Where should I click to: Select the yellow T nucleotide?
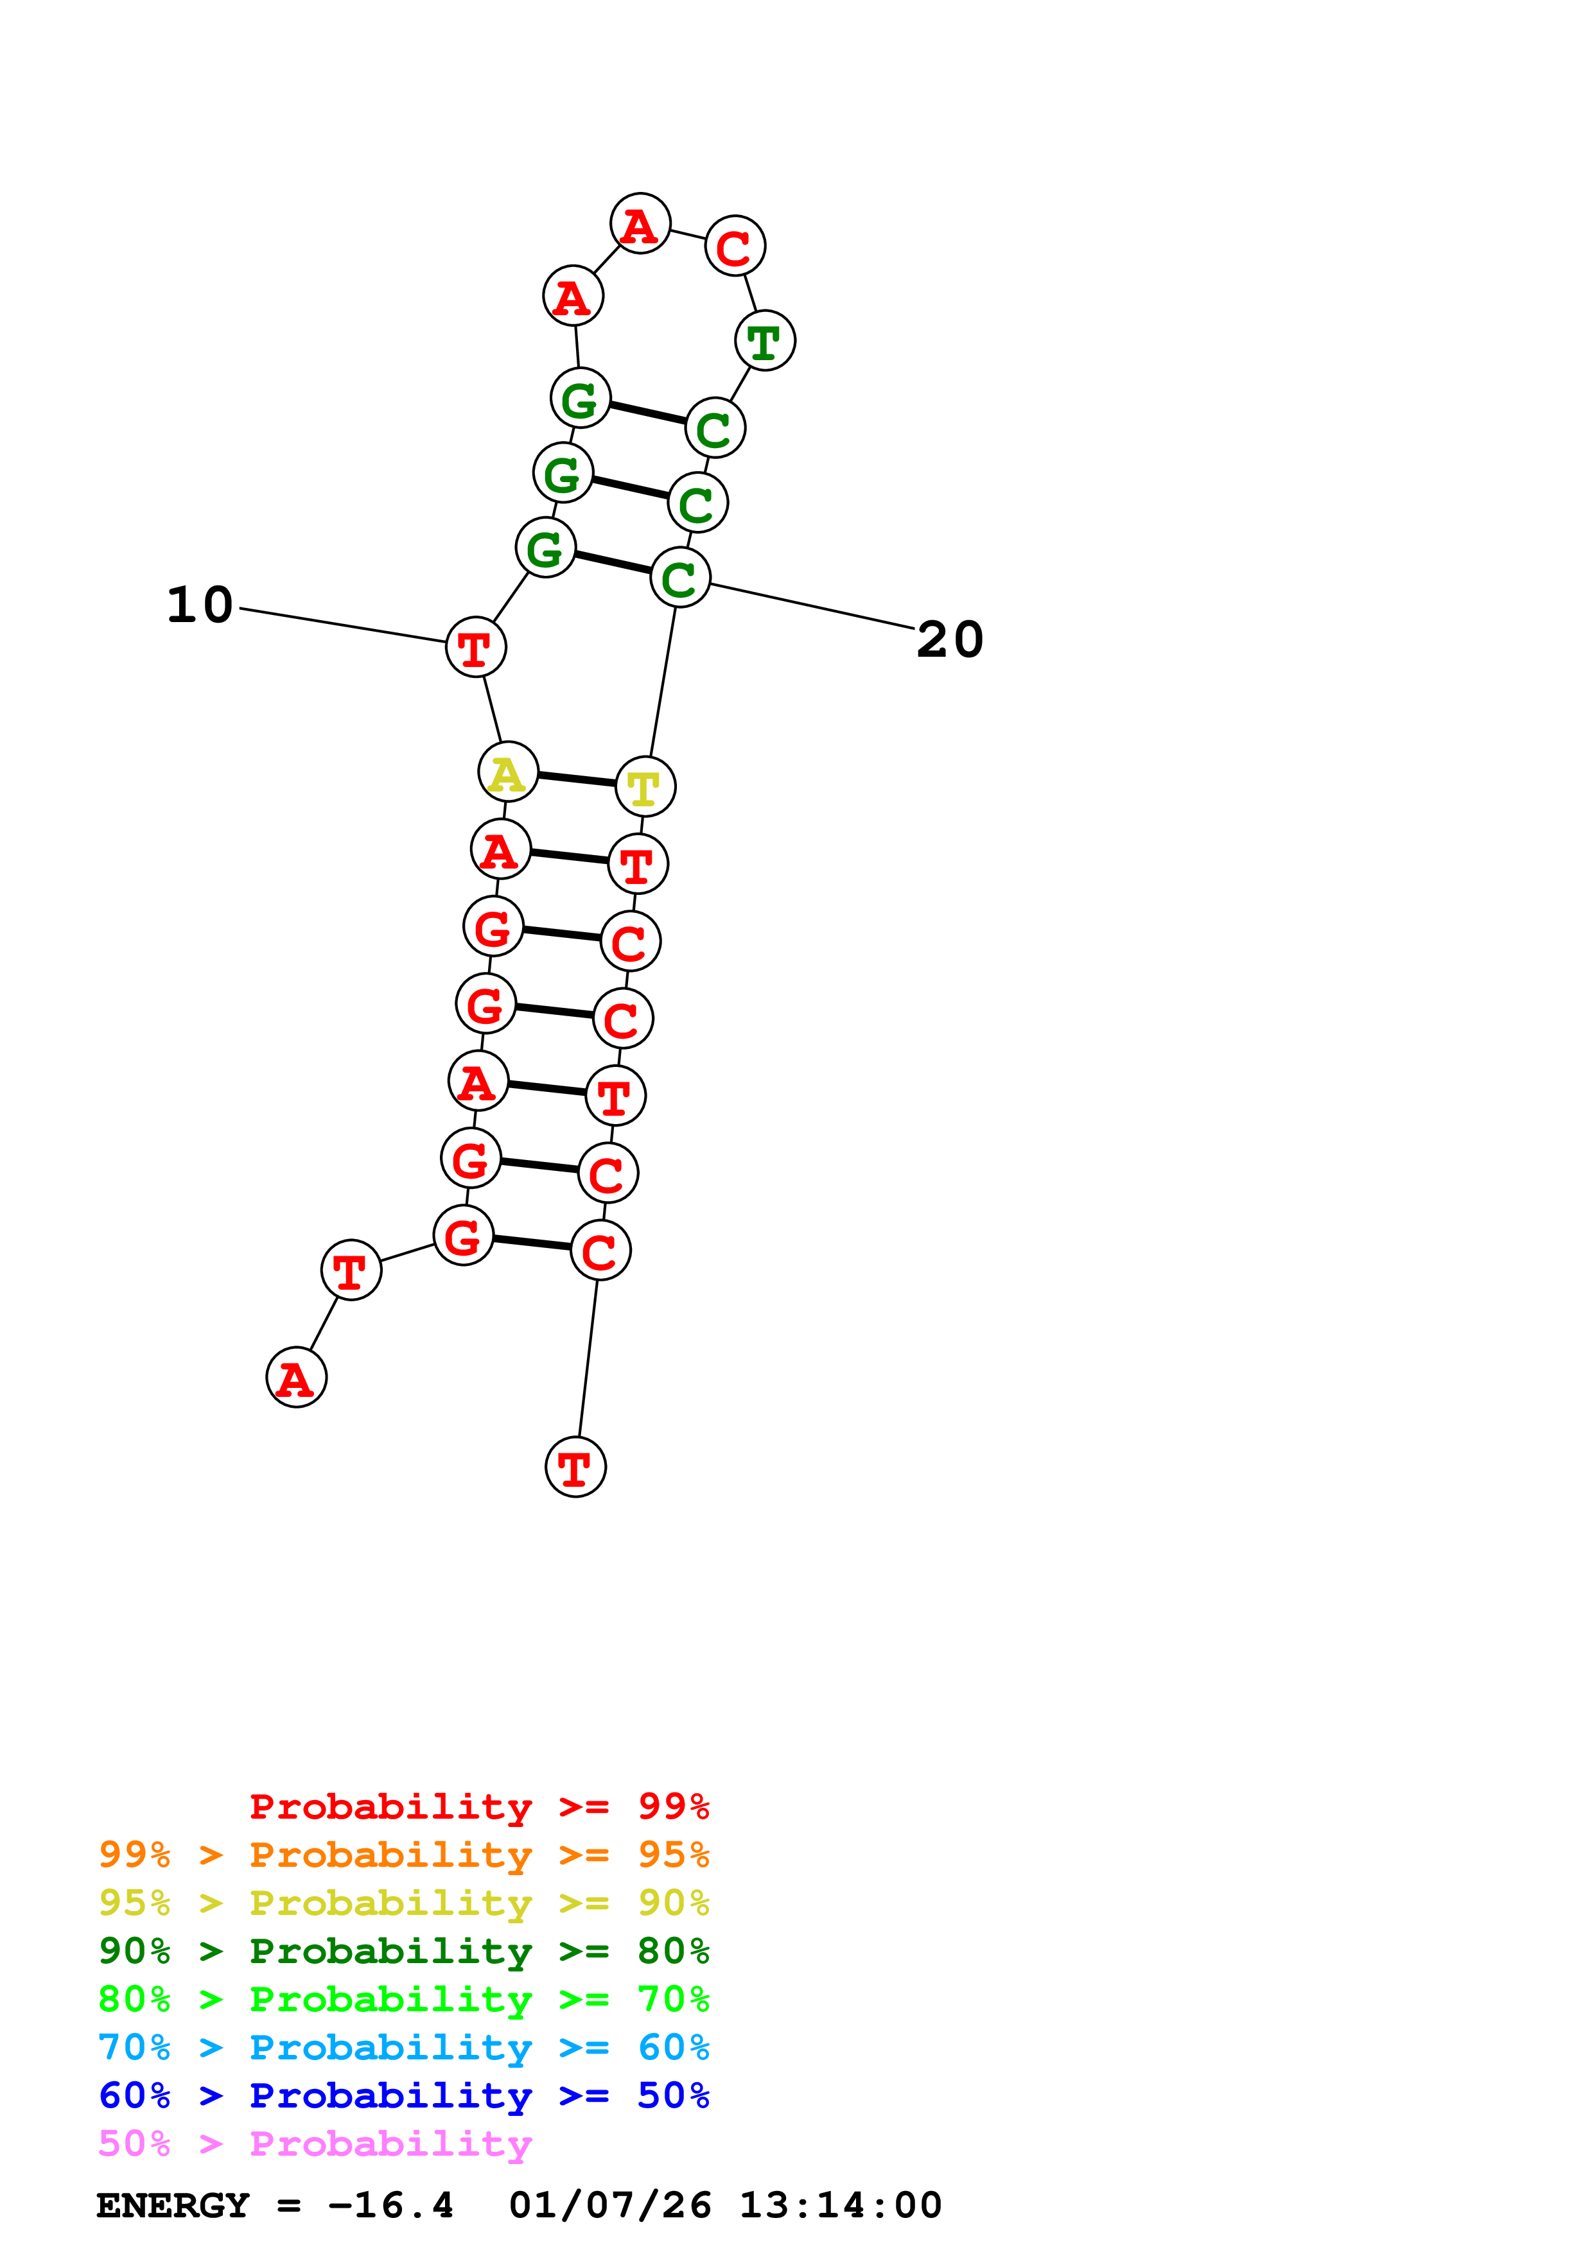(645, 786)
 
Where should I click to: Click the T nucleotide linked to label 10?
(476, 647)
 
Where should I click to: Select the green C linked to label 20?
(680, 578)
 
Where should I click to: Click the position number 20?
(950, 639)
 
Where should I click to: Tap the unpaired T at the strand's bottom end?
(576, 1468)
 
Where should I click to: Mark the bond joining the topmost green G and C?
(647, 413)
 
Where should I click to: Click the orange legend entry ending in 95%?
(403, 1855)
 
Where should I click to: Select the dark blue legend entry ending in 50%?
(403, 2095)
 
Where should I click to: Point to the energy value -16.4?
(390, 2206)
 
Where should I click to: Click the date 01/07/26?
(610, 2206)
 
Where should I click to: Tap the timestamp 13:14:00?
(841, 2206)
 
